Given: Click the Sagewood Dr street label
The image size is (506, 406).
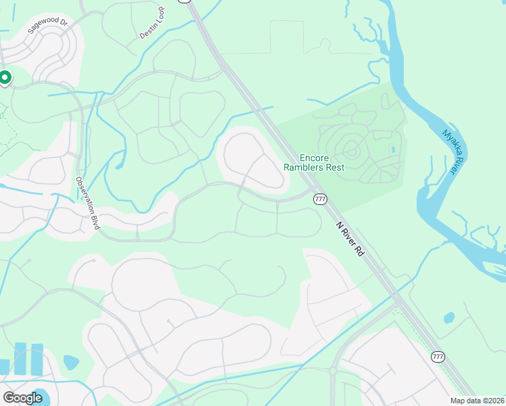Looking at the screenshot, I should pos(48,26).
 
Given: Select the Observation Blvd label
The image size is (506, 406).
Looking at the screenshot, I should pos(88,203).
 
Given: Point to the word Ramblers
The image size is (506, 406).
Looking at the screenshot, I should pos(303,167).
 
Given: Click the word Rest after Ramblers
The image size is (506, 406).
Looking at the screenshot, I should pos(334,167).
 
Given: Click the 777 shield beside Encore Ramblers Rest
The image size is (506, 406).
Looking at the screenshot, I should pos(320,198).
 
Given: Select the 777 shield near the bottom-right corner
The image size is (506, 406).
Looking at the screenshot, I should pos(438,356).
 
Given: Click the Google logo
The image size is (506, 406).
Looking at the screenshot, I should pos(23,398).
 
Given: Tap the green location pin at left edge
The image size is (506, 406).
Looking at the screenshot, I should pos(5,78).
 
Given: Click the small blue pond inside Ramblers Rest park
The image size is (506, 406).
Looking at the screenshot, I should pos(392,149).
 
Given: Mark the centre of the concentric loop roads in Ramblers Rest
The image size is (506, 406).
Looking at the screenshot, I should pos(351,148).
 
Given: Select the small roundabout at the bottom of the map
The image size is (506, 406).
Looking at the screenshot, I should pos(333,370).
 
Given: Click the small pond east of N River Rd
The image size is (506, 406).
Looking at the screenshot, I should pos(449,317).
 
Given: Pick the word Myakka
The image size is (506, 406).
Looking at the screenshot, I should pos(451,141).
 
